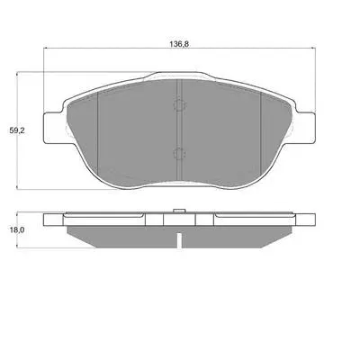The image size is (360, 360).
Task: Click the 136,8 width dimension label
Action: (x=179, y=44)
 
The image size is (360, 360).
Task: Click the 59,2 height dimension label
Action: (x=16, y=130)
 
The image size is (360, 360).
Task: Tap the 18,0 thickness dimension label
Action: (x=17, y=230)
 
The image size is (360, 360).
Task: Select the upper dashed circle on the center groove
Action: (x=179, y=105)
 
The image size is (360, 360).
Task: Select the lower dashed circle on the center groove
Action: (x=179, y=154)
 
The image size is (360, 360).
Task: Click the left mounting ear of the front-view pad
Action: (x=54, y=127)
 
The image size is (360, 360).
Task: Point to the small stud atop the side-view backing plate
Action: (x=179, y=211)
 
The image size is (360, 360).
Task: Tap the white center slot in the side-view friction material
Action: (x=179, y=240)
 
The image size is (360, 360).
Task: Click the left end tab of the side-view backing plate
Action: (x=54, y=220)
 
